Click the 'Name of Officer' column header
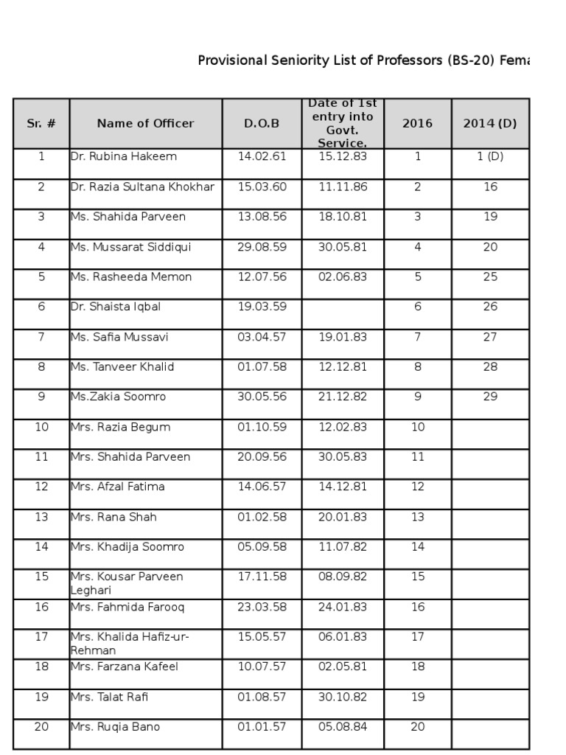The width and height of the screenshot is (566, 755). click(145, 124)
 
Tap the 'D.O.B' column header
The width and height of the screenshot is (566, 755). click(262, 124)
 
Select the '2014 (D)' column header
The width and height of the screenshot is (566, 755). click(490, 124)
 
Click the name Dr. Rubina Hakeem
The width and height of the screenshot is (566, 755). click(124, 157)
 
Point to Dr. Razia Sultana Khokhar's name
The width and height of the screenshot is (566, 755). click(143, 187)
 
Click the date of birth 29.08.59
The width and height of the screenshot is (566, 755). click(262, 248)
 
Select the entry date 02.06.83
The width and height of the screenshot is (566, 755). click(343, 277)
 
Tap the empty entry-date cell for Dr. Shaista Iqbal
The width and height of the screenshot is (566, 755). click(343, 314)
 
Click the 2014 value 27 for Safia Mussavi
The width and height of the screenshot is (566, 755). click(490, 338)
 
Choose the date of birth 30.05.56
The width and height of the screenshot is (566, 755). click(262, 397)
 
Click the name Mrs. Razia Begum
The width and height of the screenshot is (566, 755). click(120, 428)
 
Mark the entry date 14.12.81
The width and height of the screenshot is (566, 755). click(343, 487)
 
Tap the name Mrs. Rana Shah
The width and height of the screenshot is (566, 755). click(113, 518)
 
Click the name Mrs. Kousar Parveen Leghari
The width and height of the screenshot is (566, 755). click(127, 583)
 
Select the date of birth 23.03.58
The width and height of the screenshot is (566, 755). click(262, 608)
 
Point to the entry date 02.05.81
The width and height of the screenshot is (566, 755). click(343, 667)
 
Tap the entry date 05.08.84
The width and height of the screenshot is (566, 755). click(343, 728)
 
